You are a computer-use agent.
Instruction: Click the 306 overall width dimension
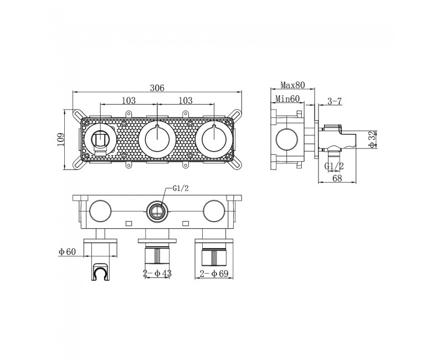tap(157, 88)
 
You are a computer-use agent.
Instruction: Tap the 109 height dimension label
tap(60, 140)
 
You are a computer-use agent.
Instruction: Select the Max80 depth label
tap(292, 85)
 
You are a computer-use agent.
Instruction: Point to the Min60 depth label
tap(287, 99)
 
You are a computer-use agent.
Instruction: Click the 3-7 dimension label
tap(335, 101)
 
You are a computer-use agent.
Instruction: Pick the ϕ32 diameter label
tap(372, 140)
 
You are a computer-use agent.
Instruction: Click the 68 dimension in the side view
tap(337, 178)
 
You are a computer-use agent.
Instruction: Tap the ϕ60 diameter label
tap(67, 251)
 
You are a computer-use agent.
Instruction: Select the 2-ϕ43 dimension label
tap(157, 273)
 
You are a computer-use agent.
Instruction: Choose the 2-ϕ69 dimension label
tap(214, 274)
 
